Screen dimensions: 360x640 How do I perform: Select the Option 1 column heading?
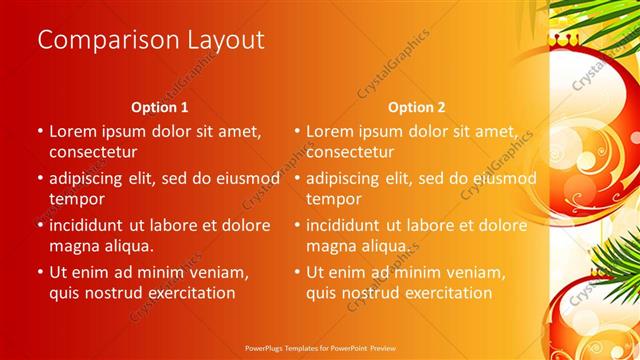160,107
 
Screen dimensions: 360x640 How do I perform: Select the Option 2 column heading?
417,107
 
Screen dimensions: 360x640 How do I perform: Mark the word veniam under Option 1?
220,271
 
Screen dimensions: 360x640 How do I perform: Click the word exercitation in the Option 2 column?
444,293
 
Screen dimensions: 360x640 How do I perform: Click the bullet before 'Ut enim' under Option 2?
297,272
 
